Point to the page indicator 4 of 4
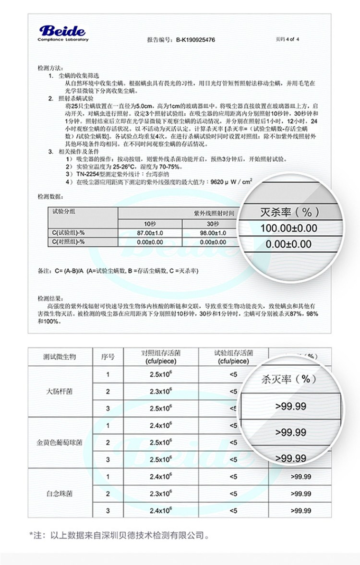click(x=288, y=39)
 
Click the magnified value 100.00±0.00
click(x=288, y=228)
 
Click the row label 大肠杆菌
click(x=60, y=391)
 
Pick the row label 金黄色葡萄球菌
click(x=60, y=442)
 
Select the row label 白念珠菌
click(x=60, y=493)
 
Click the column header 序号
click(x=108, y=357)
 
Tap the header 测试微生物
click(x=60, y=357)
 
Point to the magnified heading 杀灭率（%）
click(x=288, y=379)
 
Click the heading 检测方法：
click(x=50, y=68)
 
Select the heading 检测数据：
click(x=50, y=197)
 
